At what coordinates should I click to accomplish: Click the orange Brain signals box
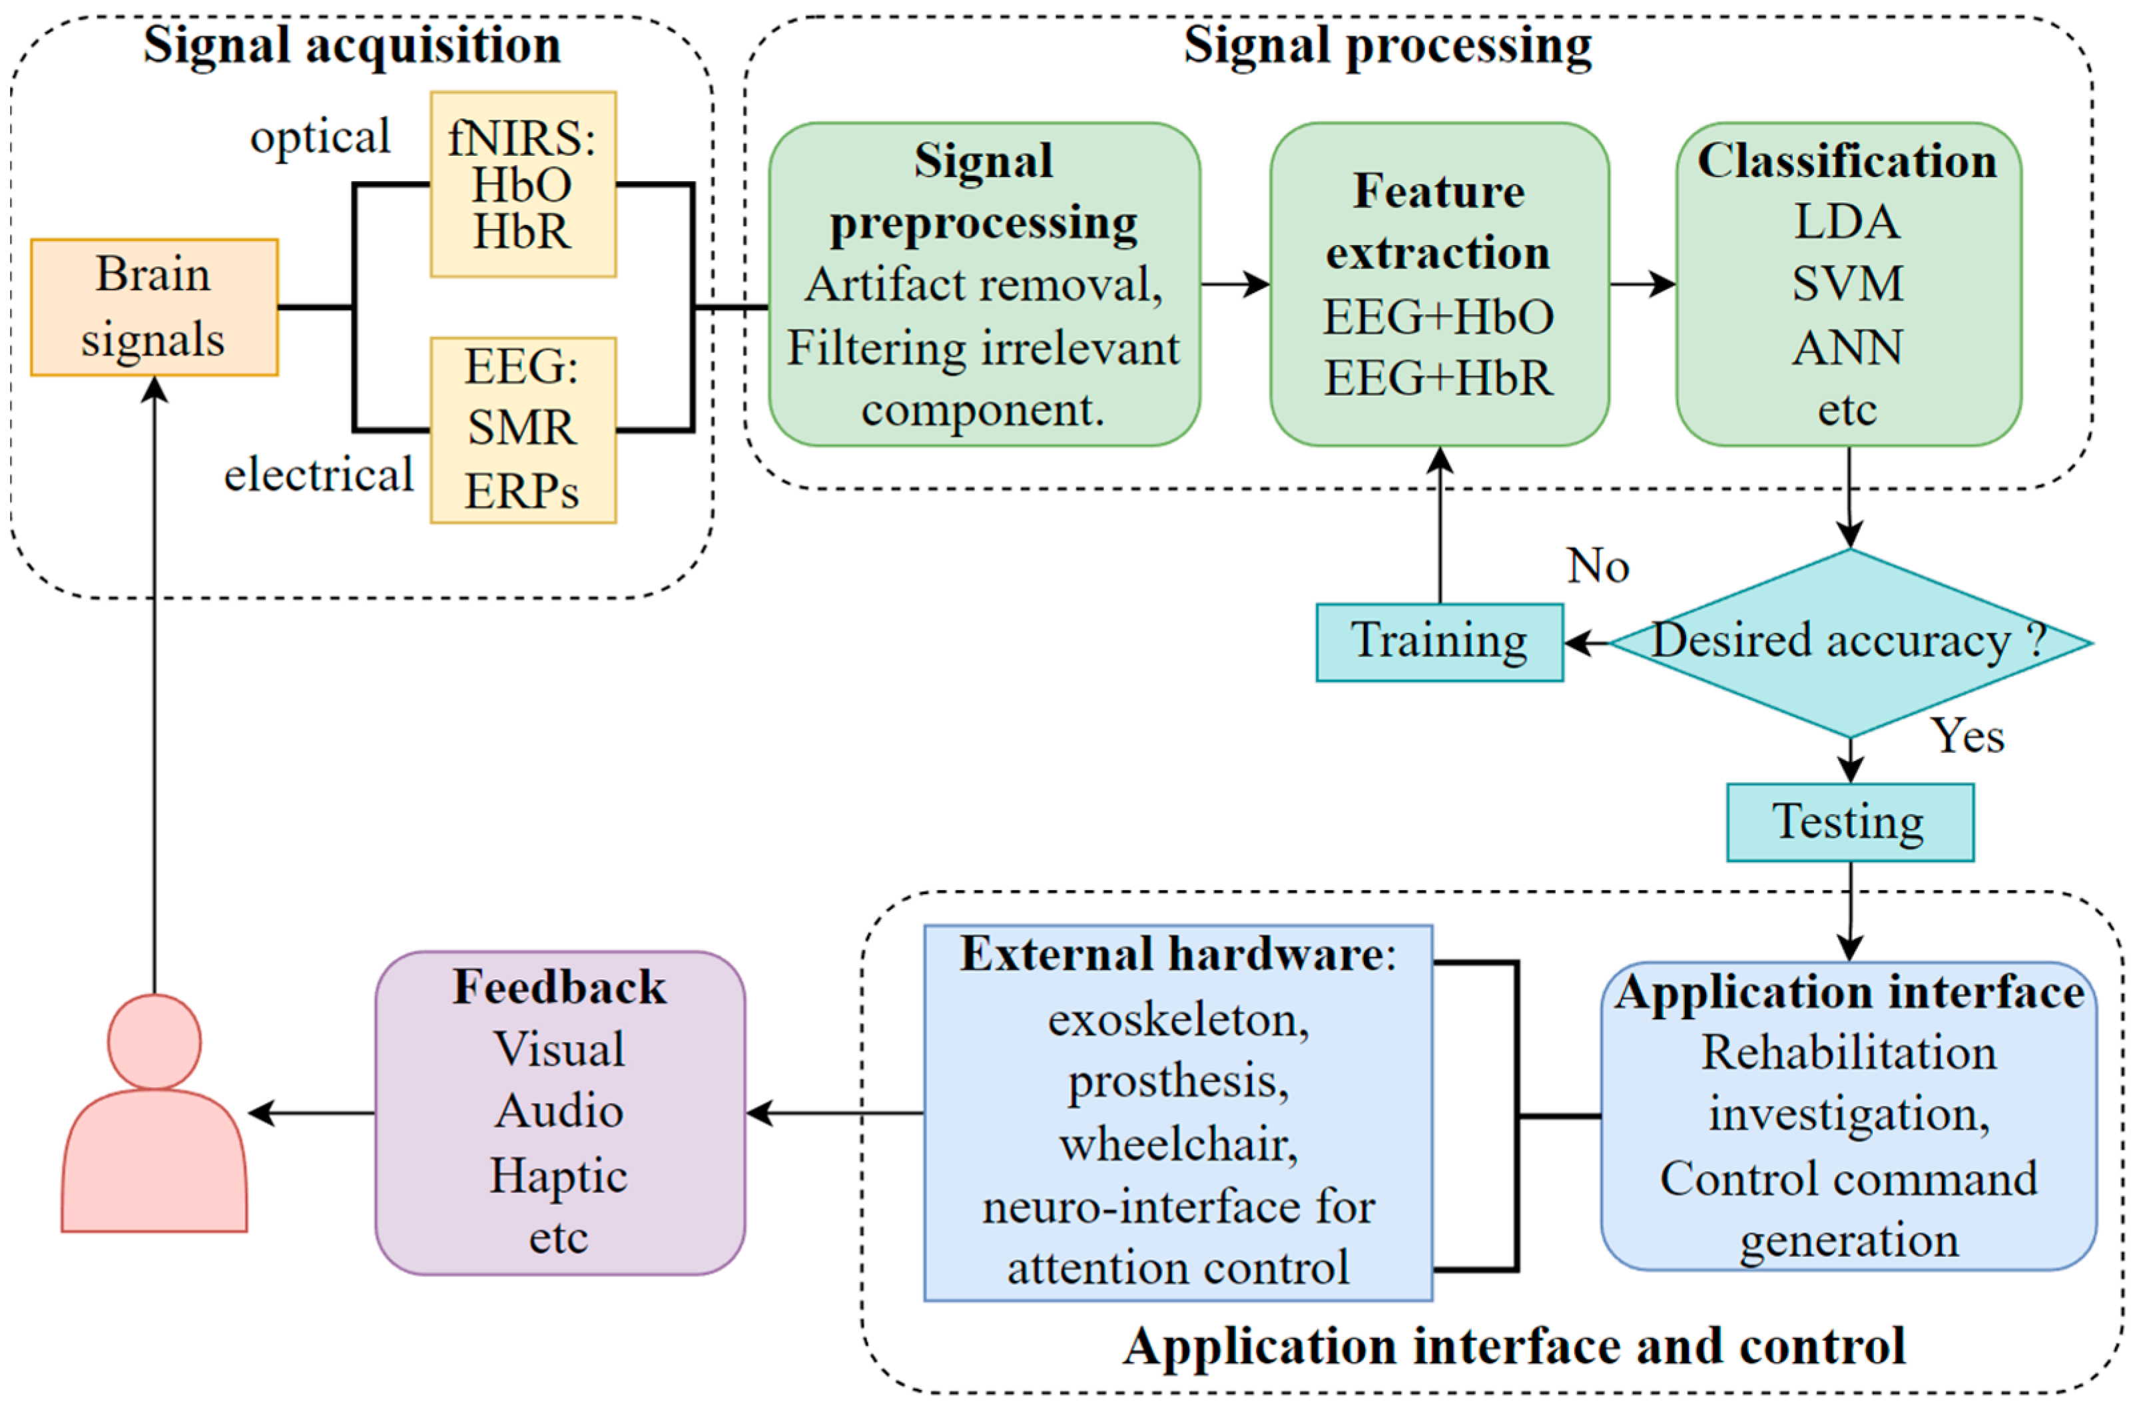154,307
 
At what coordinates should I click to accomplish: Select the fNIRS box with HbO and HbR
523,184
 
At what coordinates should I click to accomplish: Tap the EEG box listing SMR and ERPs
523,429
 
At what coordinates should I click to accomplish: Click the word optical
320,137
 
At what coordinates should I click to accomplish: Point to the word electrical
318,475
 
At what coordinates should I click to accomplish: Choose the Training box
1438,642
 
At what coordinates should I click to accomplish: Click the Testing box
1849,822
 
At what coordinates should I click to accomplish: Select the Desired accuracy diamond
1849,642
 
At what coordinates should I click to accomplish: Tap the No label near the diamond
1598,566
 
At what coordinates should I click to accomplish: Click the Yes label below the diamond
1967,736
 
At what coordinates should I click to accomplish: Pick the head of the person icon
154,1041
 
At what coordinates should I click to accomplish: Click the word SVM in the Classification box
1847,284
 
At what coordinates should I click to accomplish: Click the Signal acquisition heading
352,45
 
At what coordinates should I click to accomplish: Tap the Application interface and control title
1514,1347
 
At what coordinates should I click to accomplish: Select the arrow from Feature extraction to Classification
1642,284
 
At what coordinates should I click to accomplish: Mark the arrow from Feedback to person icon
310,1114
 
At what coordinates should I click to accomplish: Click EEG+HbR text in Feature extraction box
1438,377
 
